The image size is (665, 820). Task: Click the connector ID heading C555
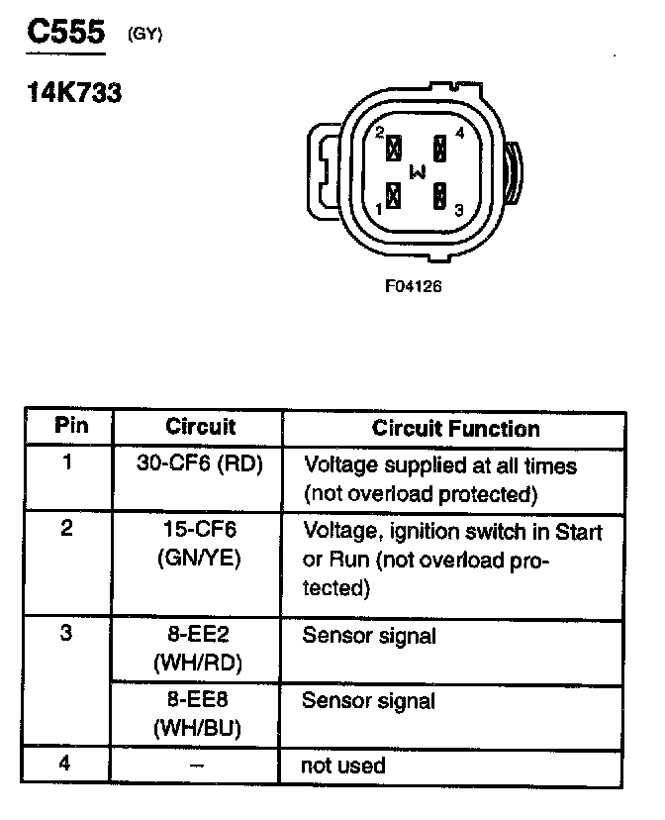65,33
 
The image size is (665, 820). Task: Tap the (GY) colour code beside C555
144,36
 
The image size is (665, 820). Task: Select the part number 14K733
73,95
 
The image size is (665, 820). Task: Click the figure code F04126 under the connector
413,287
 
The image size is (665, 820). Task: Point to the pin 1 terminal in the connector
394,196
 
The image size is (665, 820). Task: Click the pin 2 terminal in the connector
394,149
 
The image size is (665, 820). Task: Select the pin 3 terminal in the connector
438,196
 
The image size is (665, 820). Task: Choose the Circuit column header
200,427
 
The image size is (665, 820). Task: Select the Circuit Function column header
455,429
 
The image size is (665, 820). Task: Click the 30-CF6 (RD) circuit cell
200,464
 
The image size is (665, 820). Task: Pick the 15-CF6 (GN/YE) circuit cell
200,543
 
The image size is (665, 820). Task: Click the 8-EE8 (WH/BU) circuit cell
200,713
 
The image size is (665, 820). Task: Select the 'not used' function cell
343,766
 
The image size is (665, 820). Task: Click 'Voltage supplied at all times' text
439,464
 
